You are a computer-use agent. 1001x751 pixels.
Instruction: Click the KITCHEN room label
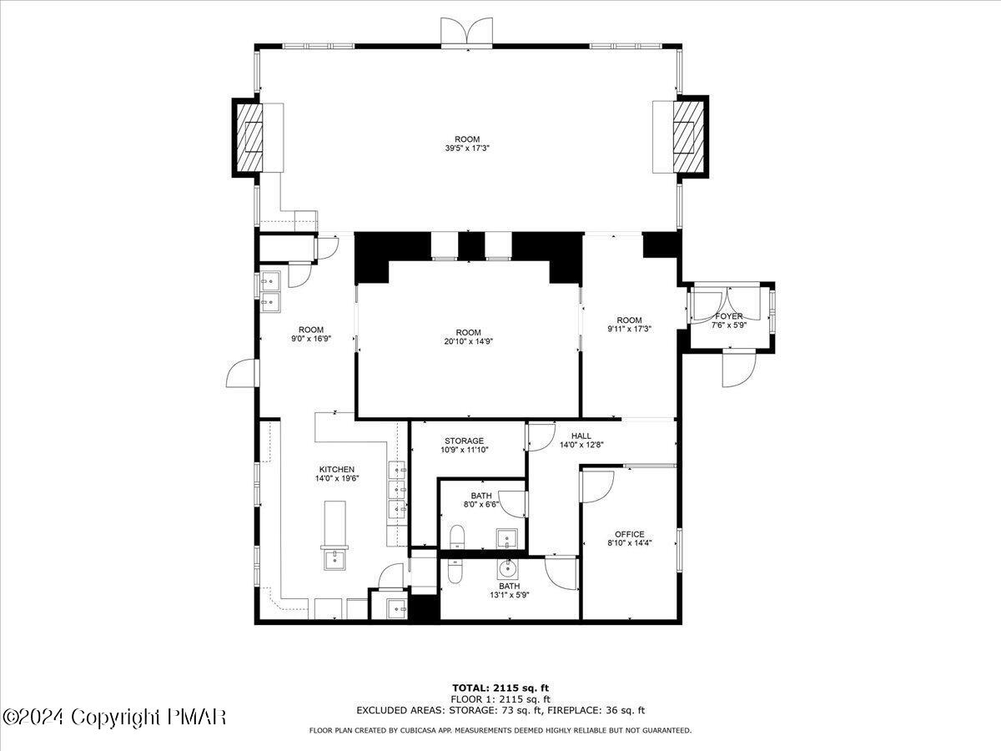tap(336, 469)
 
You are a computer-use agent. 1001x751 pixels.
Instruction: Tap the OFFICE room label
tap(629, 534)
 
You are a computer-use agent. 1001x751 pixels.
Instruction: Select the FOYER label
tap(729, 316)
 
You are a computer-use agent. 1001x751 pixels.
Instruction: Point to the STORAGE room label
tap(465, 441)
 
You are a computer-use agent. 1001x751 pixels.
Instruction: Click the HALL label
tap(581, 436)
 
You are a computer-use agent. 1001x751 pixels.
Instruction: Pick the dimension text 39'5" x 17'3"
tap(467, 149)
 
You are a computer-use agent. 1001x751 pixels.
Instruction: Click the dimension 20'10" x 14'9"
tap(468, 341)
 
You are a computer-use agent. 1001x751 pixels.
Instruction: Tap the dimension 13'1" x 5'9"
tap(510, 595)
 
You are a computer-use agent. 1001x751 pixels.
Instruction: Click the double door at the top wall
tap(467, 32)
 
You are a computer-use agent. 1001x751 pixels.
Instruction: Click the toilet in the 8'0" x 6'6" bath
tap(457, 537)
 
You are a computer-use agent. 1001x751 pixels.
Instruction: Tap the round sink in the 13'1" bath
tap(506, 568)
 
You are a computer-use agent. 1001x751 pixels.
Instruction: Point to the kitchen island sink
tap(335, 559)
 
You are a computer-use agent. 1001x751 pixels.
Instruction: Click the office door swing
tap(596, 486)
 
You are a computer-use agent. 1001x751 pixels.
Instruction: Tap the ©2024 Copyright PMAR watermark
tap(114, 717)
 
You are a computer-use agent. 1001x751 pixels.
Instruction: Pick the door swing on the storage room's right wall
tap(541, 437)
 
